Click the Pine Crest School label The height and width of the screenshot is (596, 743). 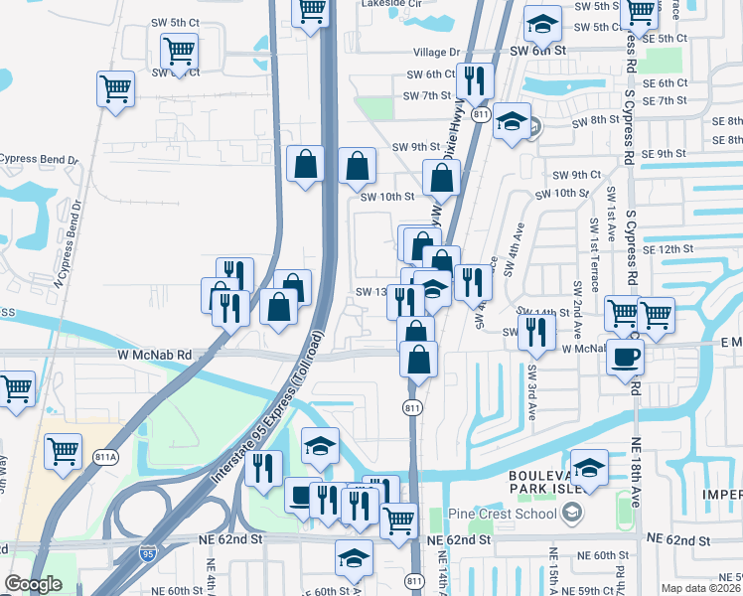pyautogui.click(x=515, y=513)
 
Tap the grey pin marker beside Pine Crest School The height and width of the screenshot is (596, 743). pyautogui.click(x=571, y=513)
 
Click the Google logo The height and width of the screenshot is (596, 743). pyautogui.click(x=32, y=584)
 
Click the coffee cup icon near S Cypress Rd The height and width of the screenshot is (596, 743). pyautogui.click(x=625, y=357)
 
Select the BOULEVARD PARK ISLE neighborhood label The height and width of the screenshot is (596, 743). pyautogui.click(x=551, y=485)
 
